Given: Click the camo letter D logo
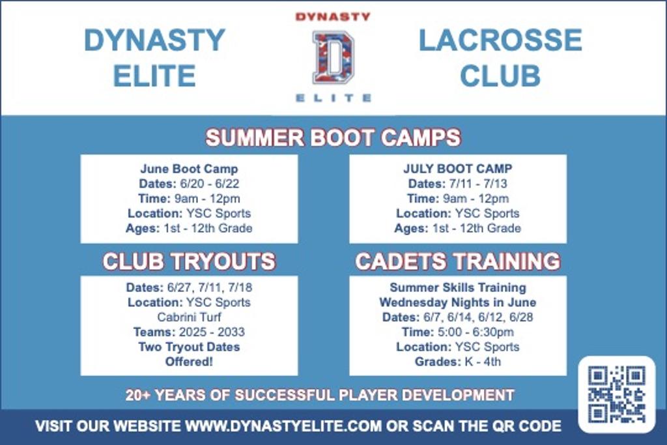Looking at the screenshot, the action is click(x=333, y=57).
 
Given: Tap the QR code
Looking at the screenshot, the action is click(x=616, y=394).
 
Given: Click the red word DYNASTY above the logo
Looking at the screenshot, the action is click(x=333, y=16).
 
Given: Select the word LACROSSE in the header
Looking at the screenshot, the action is click(x=500, y=40).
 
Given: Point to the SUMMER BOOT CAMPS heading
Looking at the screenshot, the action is click(x=333, y=137).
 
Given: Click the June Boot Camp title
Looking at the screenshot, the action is click(x=190, y=169).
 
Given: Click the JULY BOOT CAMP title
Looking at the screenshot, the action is click(x=458, y=169).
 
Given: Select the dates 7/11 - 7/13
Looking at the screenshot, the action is click(x=478, y=184).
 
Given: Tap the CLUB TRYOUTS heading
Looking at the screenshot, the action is click(x=189, y=261).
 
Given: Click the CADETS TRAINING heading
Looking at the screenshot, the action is click(x=458, y=261).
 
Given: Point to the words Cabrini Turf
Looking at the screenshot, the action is click(x=190, y=317).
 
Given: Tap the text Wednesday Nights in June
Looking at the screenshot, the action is click(x=458, y=302).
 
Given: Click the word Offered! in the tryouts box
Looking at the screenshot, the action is click(x=190, y=362).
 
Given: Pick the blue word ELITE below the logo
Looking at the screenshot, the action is click(x=333, y=98).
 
